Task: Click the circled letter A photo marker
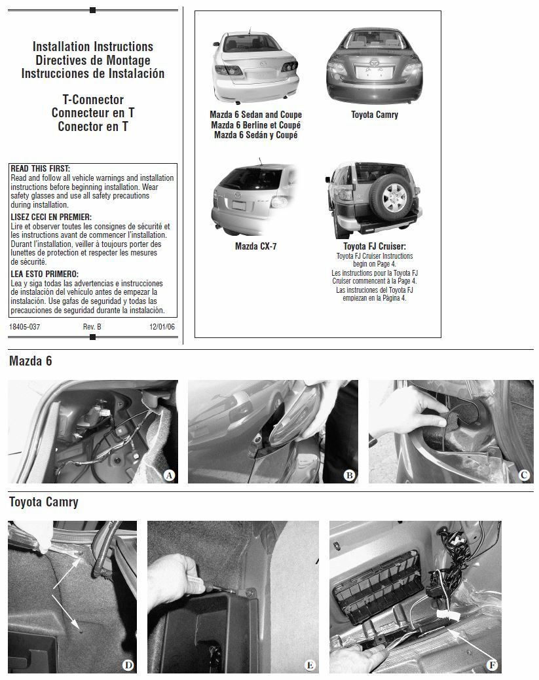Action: [169, 476]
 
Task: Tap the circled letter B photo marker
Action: [350, 476]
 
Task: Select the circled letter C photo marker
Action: [525, 476]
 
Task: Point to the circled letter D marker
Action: [128, 666]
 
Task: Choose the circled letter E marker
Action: [310, 666]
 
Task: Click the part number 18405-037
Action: [25, 326]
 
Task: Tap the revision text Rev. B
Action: [92, 326]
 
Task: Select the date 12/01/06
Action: [162, 326]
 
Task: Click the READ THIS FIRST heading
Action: [41, 169]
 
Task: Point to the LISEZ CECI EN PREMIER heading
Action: [51, 217]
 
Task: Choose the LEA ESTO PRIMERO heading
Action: [45, 274]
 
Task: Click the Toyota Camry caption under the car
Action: [374, 115]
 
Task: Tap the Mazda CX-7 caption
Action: [255, 246]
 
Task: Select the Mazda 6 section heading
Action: [31, 361]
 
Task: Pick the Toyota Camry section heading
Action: [44, 502]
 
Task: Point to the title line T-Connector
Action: [93, 100]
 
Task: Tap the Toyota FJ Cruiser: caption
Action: [374, 247]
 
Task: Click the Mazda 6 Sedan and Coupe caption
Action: [255, 115]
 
